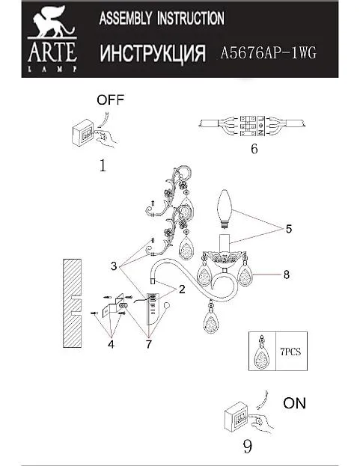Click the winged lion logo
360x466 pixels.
pos(53,22)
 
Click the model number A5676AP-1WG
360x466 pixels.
pos(268,53)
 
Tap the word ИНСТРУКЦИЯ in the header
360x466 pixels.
pos(153,54)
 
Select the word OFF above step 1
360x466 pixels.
pos(110,100)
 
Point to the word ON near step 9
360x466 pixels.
pos(294,403)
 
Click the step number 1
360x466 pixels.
pos(103,165)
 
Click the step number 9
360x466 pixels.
pos(247,447)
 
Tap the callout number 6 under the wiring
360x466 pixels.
pos(254,149)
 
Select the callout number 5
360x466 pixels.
pos(289,229)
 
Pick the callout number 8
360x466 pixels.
pos(286,275)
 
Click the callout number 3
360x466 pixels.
pos(114,266)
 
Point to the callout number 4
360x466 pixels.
pos(112,344)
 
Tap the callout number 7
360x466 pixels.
pos(149,344)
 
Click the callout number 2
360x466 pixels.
pos(182,289)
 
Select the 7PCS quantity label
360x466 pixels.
pos(290,352)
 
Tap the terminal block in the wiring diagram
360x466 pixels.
pos(252,126)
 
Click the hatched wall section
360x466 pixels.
pos(73,303)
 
